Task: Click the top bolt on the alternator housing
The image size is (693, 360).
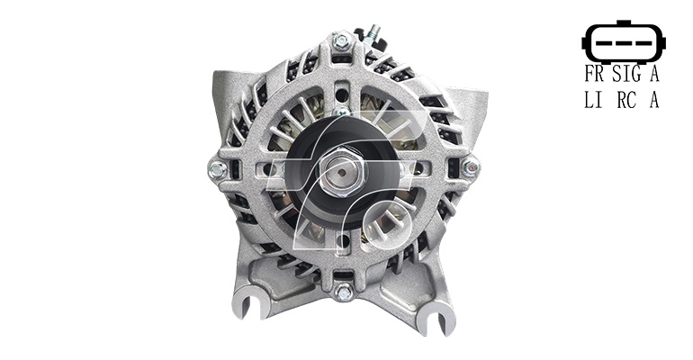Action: (x=342, y=42)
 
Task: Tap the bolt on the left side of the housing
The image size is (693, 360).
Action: (x=217, y=169)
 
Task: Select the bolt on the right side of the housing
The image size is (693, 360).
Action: (x=470, y=168)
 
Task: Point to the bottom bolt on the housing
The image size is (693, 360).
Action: (x=343, y=292)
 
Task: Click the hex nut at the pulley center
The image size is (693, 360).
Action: (x=342, y=171)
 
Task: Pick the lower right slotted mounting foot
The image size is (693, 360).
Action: (x=436, y=319)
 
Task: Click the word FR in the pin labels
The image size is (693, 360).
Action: (x=594, y=74)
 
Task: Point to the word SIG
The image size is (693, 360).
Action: (x=626, y=74)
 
